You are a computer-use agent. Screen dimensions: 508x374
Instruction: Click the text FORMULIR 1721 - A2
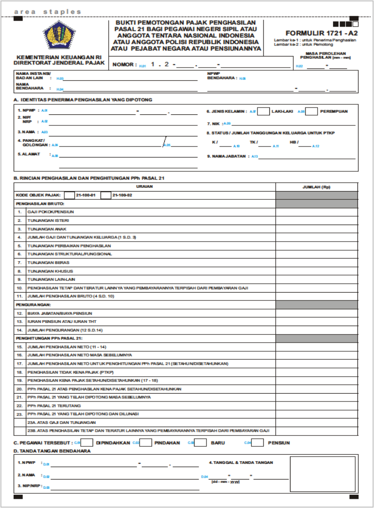[321, 33]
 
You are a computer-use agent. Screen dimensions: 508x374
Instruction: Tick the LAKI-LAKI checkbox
[263, 111]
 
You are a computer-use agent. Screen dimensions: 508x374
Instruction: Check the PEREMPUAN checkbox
[312, 111]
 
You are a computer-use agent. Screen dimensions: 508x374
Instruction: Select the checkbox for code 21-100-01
[69, 195]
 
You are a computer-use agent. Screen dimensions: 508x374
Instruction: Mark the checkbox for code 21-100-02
[106, 195]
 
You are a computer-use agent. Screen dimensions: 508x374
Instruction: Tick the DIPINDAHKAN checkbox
[88, 443]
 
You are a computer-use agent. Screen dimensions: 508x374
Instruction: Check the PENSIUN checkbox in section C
[258, 443]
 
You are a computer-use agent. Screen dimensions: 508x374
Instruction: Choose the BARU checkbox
[201, 443]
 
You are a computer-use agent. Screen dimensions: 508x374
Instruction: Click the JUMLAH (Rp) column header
[316, 187]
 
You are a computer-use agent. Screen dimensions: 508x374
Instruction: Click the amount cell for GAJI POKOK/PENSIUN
[316, 212]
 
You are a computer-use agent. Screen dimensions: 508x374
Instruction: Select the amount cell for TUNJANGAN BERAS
[316, 262]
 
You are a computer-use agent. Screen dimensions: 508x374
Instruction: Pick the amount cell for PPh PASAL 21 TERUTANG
[316, 406]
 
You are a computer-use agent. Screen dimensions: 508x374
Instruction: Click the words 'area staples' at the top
[48, 11]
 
